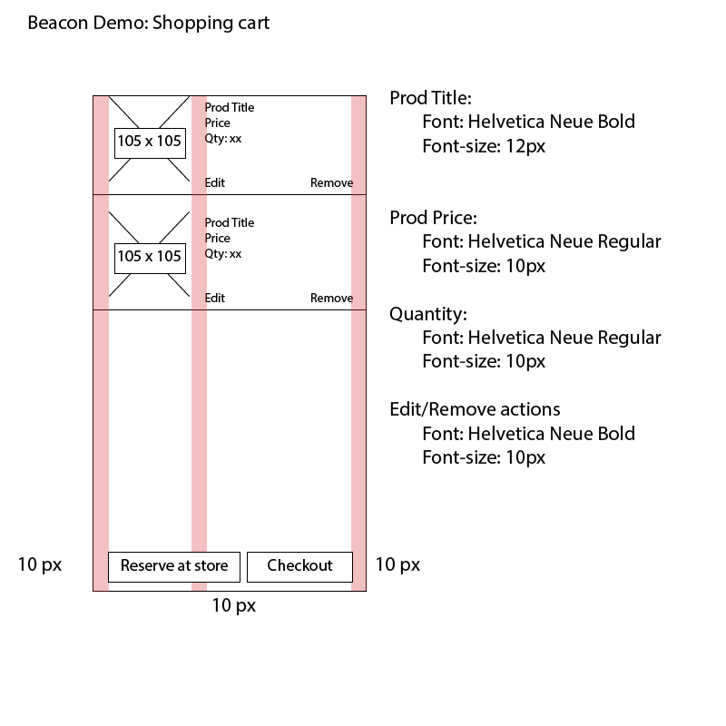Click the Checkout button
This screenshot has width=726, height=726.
tap(299, 566)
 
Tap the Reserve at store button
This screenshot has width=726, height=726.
tap(174, 566)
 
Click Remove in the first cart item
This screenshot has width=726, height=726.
tap(331, 183)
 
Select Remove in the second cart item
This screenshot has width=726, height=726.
tap(331, 299)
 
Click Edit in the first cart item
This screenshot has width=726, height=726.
tap(215, 183)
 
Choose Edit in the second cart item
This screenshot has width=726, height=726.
tap(215, 299)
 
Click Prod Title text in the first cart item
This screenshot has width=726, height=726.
tap(230, 107)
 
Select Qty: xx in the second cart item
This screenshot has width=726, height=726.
tap(223, 254)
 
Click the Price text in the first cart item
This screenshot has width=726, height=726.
tap(218, 123)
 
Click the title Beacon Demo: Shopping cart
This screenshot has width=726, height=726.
tap(149, 24)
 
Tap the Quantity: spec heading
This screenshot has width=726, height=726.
tap(428, 314)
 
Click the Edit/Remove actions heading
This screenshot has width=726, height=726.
tap(475, 409)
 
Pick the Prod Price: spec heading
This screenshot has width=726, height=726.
tap(434, 218)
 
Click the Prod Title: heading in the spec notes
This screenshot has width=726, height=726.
tap(430, 98)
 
